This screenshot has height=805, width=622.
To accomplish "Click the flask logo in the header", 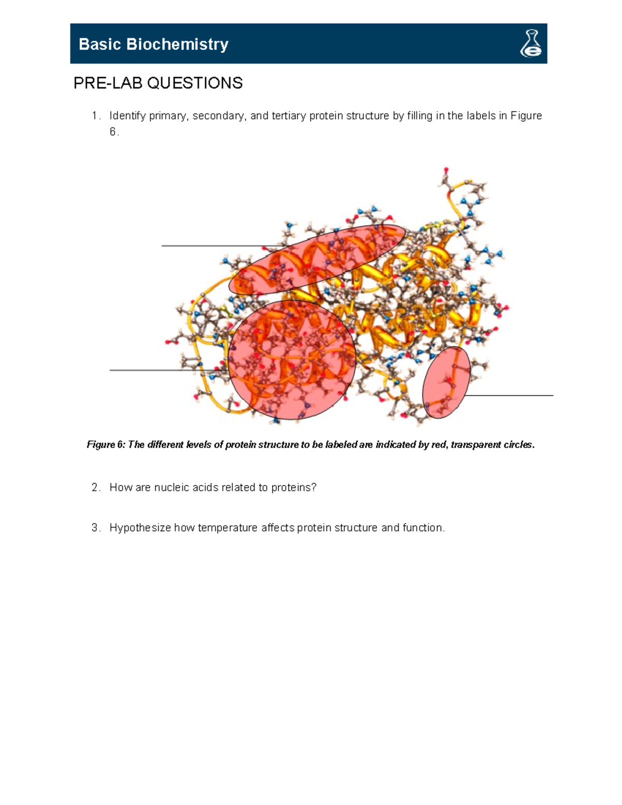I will [531, 44].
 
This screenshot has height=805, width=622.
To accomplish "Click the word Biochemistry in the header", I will [177, 44].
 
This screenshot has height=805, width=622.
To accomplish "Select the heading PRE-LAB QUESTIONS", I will [158, 83].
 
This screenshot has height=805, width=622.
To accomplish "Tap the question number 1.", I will [94, 116].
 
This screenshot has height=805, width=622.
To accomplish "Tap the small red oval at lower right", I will [446, 383].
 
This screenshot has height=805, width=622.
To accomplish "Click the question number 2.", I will [95, 488].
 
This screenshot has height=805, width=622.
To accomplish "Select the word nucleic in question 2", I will [172, 488].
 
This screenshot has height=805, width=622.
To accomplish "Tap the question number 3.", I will [95, 528].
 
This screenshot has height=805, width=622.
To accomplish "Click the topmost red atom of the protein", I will [446, 170].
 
